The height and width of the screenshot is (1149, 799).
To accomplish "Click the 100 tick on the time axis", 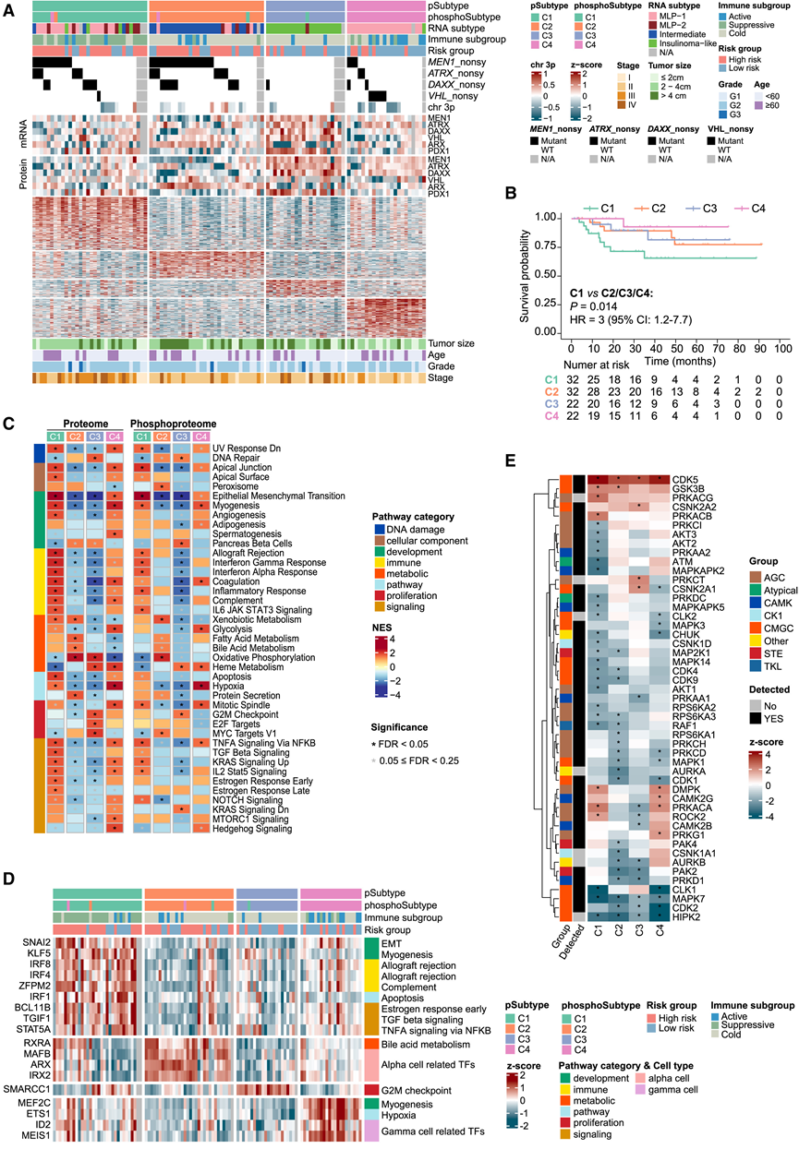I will click(x=781, y=352).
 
